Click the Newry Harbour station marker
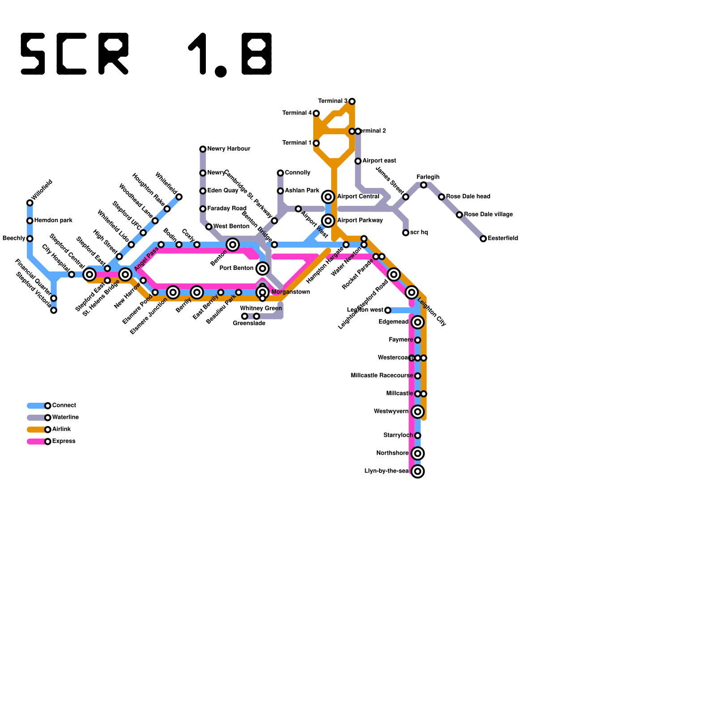click(x=203, y=149)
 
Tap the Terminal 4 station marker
click(x=316, y=113)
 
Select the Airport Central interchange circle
click(x=328, y=197)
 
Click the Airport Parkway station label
click(x=360, y=221)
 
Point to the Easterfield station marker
click(x=483, y=239)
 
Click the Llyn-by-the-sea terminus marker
click(x=418, y=471)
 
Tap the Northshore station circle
click(x=418, y=453)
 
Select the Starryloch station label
click(x=398, y=435)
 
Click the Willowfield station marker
click(x=30, y=203)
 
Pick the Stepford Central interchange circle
click(x=89, y=274)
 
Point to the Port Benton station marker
click(x=263, y=268)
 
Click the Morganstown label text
click(x=291, y=292)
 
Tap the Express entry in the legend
click(x=64, y=441)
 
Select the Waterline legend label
click(x=65, y=418)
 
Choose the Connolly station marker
click(x=280, y=173)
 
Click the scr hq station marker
click(x=405, y=233)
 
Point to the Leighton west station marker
click(x=388, y=310)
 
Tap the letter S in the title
click(x=33, y=54)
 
